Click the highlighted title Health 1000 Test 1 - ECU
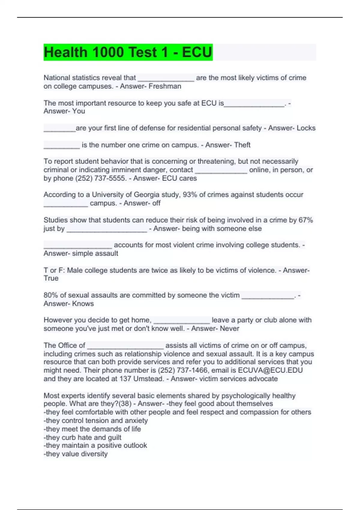[x=128, y=52]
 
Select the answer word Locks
[x=306, y=128]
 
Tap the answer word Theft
[x=242, y=145]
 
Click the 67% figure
[x=305, y=220]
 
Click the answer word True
[x=51, y=278]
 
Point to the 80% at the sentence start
[x=51, y=295]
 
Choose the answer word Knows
[x=83, y=304]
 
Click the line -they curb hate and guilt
[x=82, y=437]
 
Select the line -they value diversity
[x=76, y=454]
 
